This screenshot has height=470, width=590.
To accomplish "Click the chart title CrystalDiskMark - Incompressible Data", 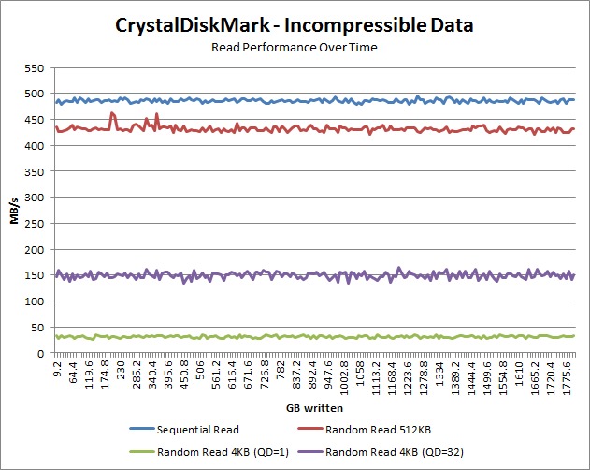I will click(x=295, y=26).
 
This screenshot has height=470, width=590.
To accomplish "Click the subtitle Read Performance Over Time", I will click(x=295, y=47).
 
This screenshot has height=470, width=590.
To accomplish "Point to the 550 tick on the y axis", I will click(x=36, y=68).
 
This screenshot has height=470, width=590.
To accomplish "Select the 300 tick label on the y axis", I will click(x=36, y=198).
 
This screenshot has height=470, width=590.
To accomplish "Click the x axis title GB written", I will click(x=314, y=409).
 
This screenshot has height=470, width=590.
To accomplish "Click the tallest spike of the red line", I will click(x=112, y=113).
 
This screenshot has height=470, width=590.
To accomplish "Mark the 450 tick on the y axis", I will click(x=36, y=120).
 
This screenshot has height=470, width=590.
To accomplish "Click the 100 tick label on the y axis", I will click(x=36, y=301).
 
